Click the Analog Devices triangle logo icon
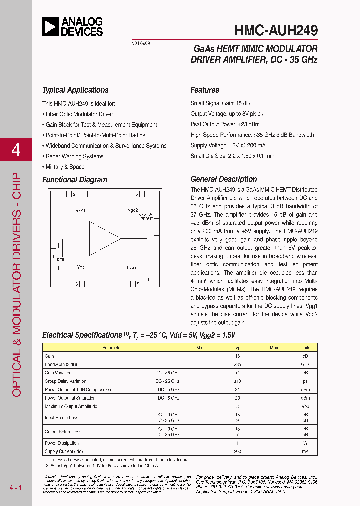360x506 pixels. pos(50,27)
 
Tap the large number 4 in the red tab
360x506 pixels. pos(16,150)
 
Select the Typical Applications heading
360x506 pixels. pos(75,90)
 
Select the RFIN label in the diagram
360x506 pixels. pos(61,260)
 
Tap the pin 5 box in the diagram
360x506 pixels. pos(138,284)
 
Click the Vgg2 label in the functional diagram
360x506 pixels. pos(133,210)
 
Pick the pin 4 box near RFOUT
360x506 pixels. pos(156,221)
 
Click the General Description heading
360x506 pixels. pos(223,179)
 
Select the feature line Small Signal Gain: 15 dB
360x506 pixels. pos(220,103)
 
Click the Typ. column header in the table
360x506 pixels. pos(237,347)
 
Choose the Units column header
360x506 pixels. pos(305,347)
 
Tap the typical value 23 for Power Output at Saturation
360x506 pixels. pos(237,398)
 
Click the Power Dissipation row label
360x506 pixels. pos(62,443)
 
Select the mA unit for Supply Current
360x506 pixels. pos(305,451)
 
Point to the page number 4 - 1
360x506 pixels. pos(16,487)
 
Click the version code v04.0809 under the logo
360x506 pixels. pos(141,43)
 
